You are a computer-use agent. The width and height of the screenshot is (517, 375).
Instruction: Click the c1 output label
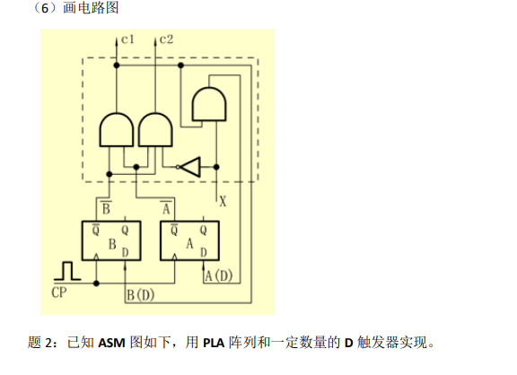point(128,39)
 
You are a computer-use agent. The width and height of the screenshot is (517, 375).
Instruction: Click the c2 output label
point(167,39)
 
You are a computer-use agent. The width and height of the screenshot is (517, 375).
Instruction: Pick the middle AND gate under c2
point(154,130)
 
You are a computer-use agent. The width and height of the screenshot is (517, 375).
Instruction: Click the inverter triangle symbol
point(191,166)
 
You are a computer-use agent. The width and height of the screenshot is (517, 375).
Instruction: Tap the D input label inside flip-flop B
point(127,253)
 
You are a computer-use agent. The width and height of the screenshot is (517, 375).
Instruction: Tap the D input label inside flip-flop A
point(204,253)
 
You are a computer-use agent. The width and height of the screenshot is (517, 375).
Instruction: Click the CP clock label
point(60,292)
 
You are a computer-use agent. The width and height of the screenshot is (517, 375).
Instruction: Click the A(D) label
point(218,275)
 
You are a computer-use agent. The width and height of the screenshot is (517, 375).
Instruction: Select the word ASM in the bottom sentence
point(112,343)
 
